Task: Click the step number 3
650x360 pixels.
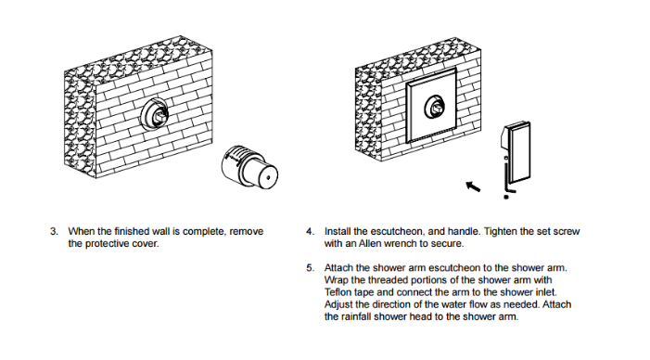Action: [54, 231]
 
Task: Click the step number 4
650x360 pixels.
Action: [310, 231]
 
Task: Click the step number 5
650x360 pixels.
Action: [310, 268]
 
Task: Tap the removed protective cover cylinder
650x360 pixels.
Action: [249, 166]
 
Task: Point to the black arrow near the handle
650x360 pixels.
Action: [473, 186]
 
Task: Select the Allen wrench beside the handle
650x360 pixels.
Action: [506, 177]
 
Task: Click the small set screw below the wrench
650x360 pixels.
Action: [505, 197]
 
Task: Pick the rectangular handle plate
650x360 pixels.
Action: [516, 152]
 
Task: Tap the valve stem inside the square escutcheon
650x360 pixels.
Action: [437, 109]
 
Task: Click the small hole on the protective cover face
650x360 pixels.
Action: [268, 178]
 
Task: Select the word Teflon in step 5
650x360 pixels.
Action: [338, 292]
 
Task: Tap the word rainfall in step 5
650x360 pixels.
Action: [356, 317]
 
